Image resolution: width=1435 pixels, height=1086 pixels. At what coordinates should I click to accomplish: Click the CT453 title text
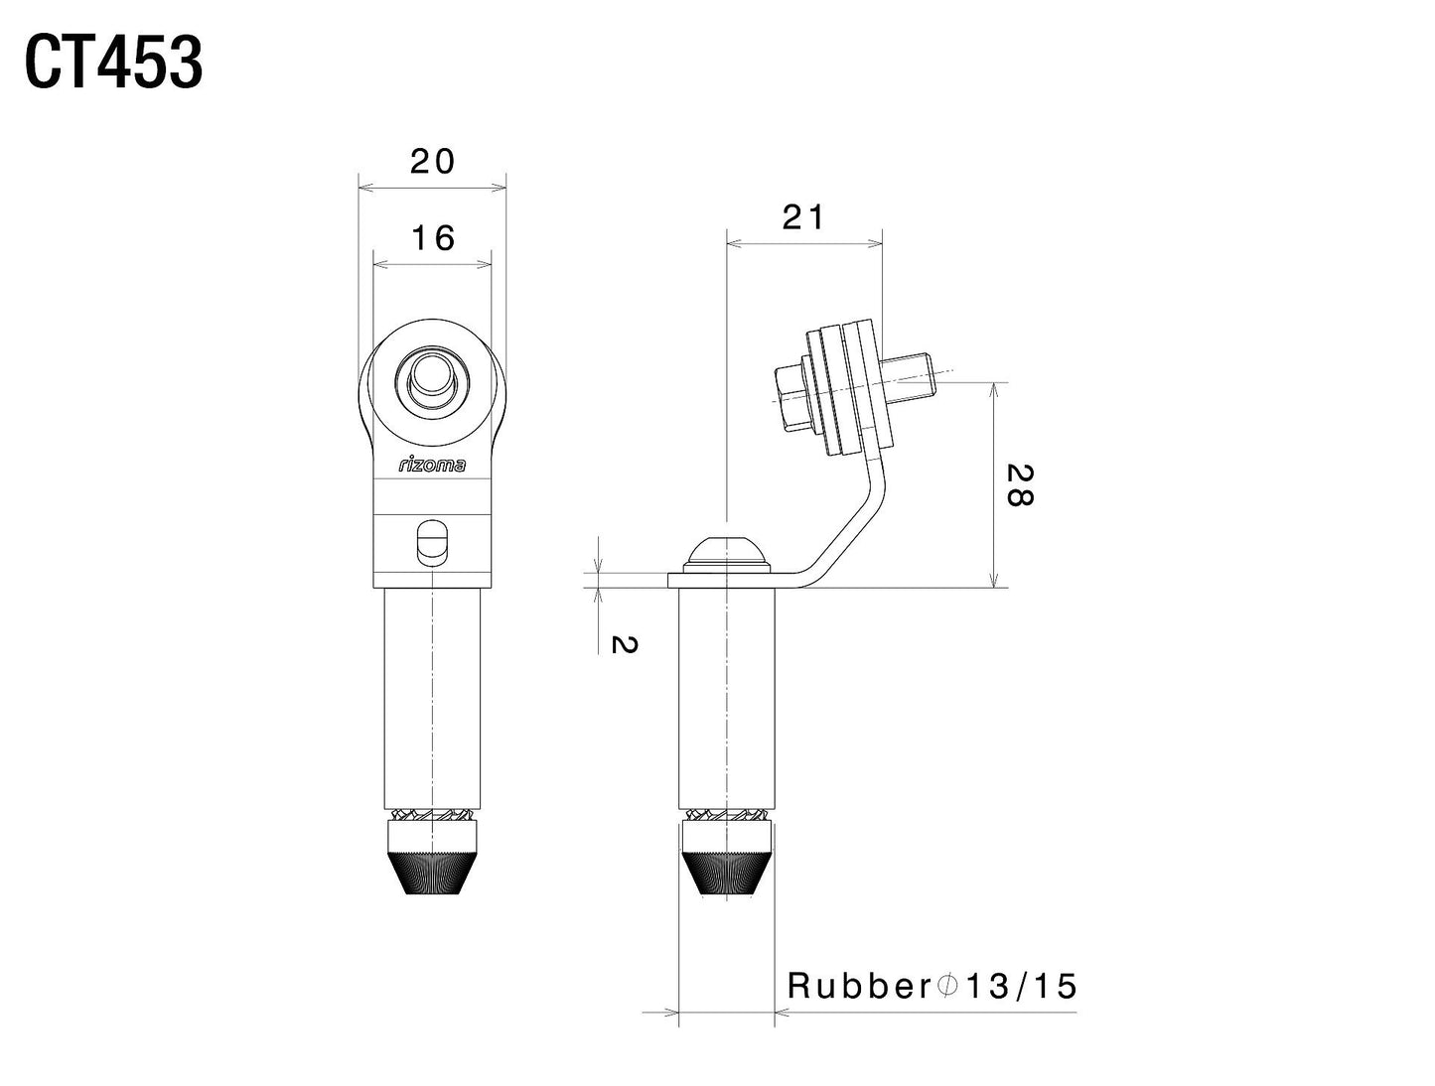(x=113, y=64)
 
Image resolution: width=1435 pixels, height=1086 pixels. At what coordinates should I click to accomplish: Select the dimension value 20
(x=432, y=161)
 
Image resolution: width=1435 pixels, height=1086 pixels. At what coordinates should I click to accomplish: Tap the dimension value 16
(x=432, y=238)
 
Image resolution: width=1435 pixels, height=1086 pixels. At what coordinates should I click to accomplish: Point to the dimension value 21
(x=802, y=216)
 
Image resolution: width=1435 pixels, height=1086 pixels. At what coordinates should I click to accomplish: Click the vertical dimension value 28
(x=1019, y=484)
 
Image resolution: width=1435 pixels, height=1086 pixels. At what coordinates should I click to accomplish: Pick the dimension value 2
(x=623, y=644)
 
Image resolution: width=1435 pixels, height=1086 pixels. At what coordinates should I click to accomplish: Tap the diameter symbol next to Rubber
(x=946, y=986)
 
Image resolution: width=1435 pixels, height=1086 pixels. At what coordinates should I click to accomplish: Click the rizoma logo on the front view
(x=432, y=465)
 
